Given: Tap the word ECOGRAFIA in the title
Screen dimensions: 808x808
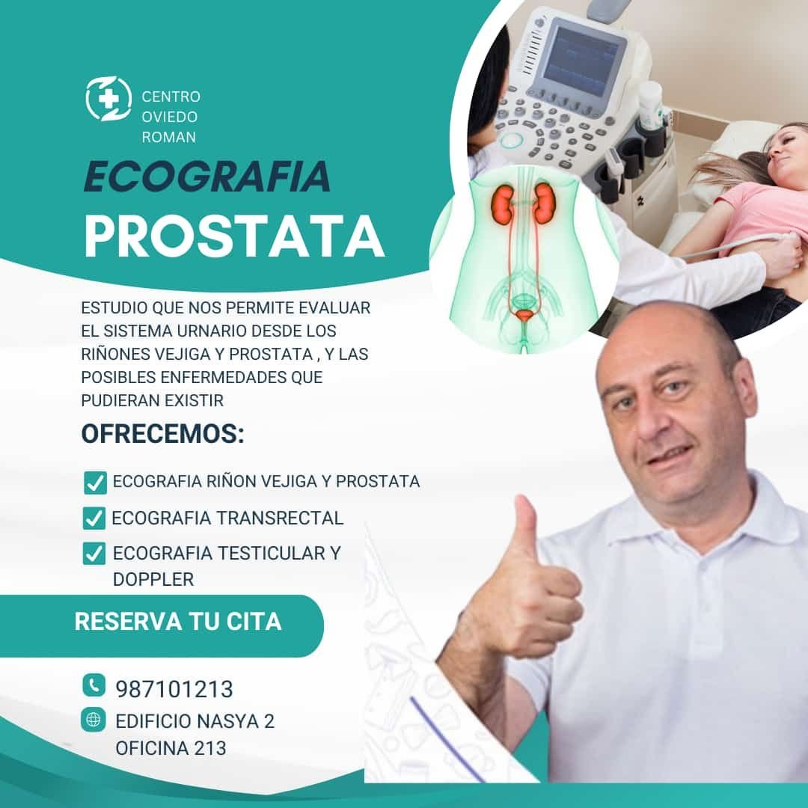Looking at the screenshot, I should [x=206, y=176].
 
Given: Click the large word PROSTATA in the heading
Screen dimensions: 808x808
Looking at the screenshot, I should [x=233, y=235].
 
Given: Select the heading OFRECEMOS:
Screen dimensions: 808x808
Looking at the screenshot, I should [x=162, y=435].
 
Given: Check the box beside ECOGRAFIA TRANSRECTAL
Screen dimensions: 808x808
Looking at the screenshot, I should [x=94, y=518].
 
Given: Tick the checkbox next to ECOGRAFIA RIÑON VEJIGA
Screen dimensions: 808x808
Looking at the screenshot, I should [x=95, y=483].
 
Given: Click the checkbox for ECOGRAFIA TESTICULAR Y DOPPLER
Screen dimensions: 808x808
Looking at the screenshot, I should [x=94, y=554].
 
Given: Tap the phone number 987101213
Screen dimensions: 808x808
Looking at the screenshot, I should [x=174, y=688].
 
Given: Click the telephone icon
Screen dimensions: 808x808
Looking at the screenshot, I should [x=94, y=685].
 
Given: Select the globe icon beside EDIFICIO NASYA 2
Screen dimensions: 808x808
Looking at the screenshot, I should [x=94, y=720].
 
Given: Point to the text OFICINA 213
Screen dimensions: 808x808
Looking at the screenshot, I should [x=171, y=747].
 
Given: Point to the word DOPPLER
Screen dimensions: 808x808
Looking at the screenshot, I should [x=153, y=578].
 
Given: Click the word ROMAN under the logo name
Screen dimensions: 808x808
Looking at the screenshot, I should [x=168, y=137].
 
